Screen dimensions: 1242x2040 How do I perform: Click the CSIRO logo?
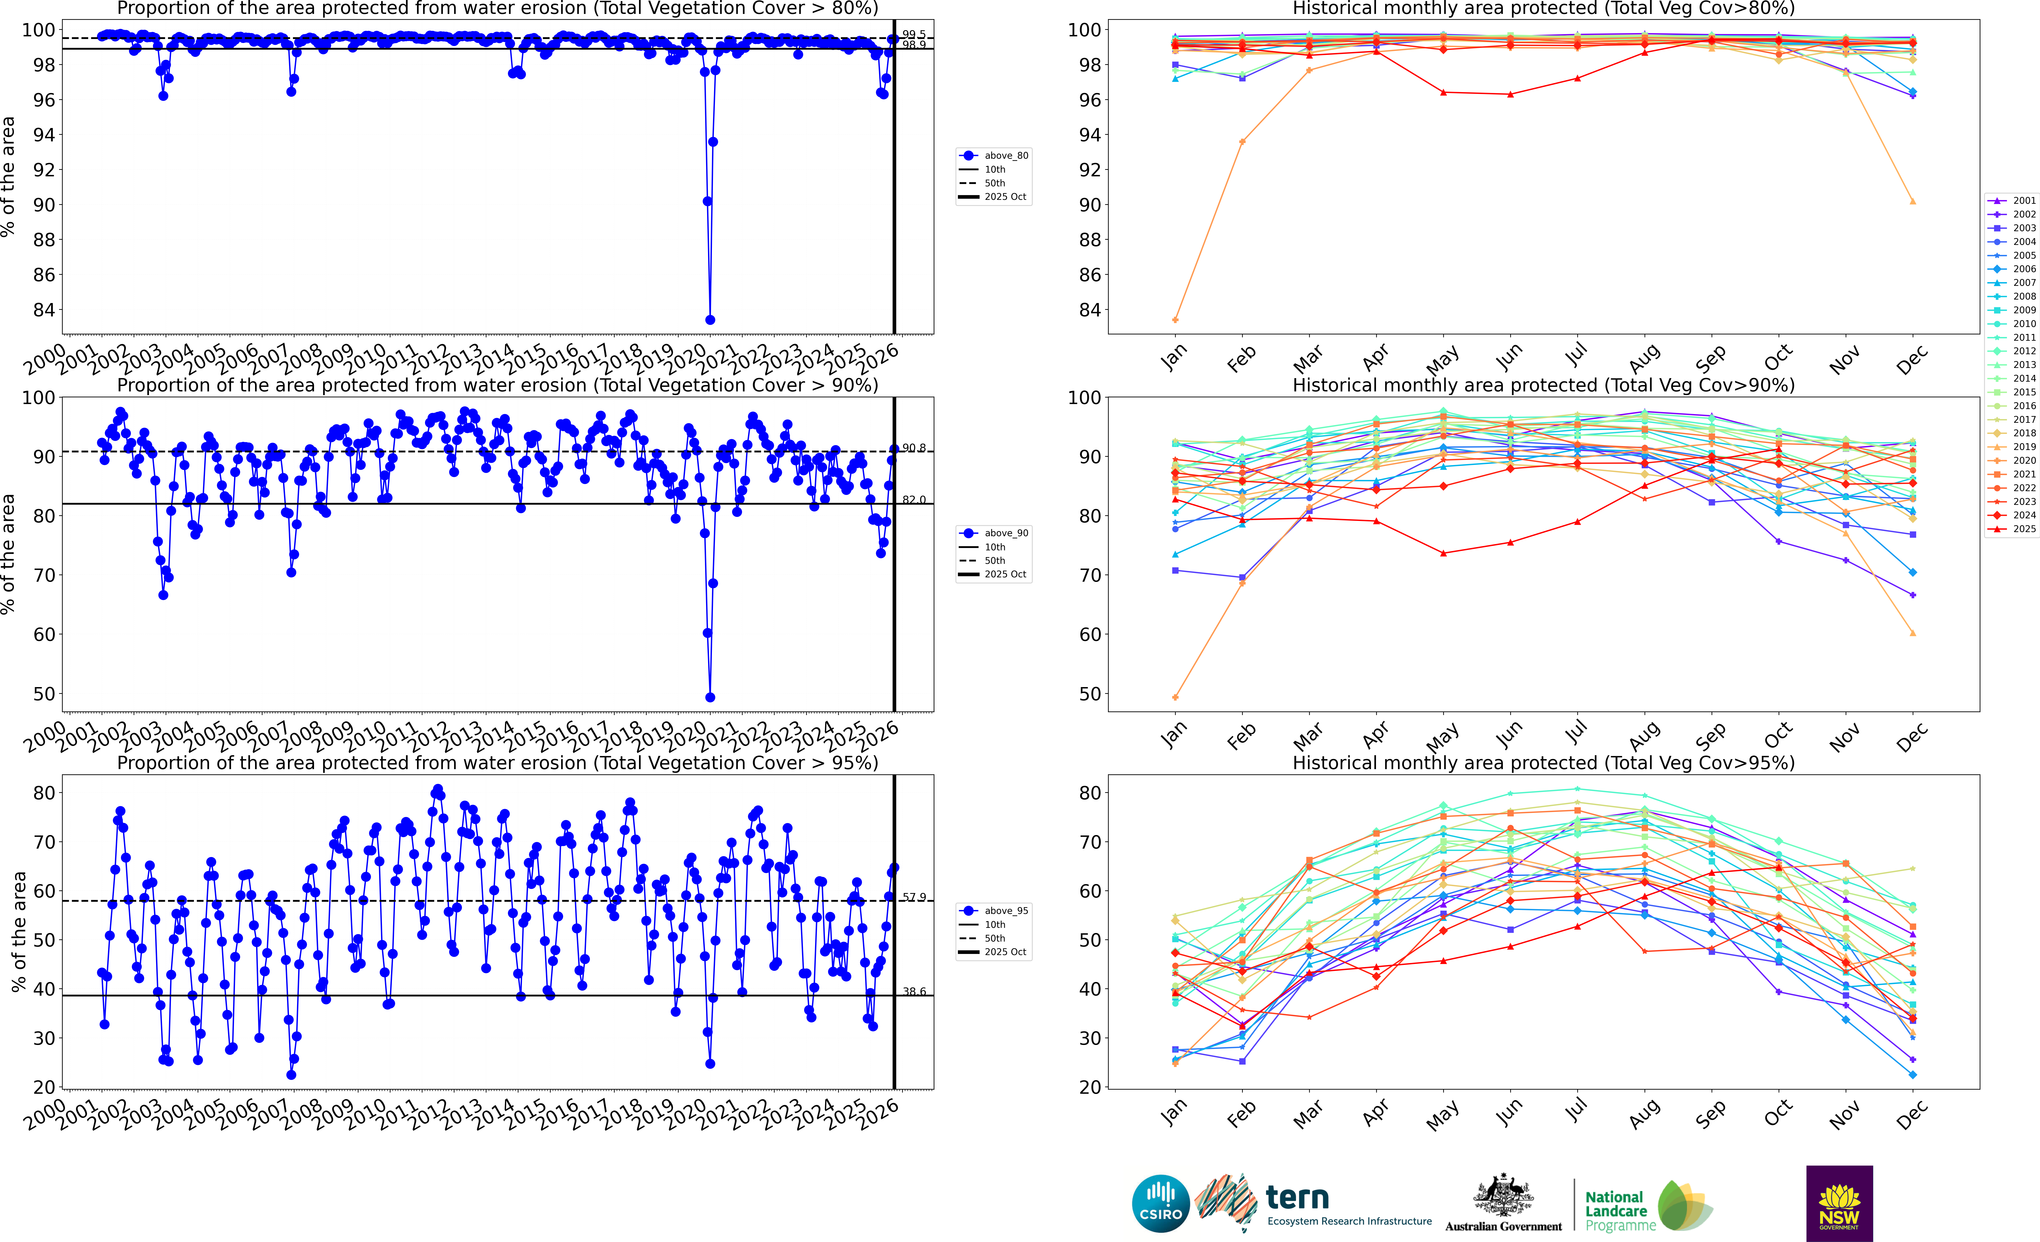[x=1161, y=1203]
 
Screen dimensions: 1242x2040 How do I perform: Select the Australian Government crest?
[x=1503, y=1196]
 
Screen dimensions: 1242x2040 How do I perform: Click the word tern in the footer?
[x=1297, y=1197]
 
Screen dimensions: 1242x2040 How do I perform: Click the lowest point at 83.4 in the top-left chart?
[x=710, y=320]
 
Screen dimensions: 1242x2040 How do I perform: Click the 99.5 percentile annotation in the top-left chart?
[x=914, y=35]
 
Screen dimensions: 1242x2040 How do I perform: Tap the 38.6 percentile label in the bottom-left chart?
[x=914, y=991]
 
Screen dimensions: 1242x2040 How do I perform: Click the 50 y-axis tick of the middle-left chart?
[x=44, y=694]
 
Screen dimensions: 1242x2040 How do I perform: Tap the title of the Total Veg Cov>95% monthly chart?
[x=1543, y=763]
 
